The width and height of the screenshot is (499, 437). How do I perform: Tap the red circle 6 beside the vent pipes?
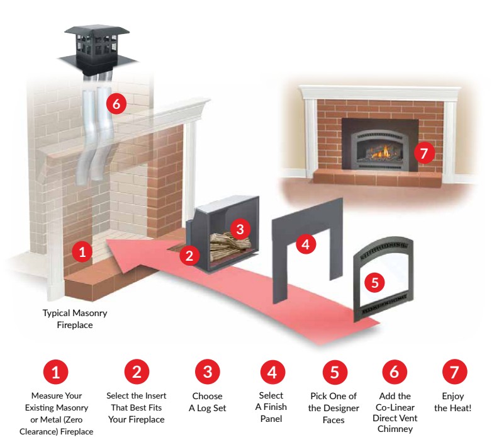coord(116,105)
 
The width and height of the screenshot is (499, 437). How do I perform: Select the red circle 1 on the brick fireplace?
coord(82,252)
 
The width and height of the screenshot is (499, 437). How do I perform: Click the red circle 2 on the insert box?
coord(189,255)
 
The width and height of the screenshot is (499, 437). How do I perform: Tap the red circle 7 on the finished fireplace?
coord(425,152)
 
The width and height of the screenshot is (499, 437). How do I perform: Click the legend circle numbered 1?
coord(55,372)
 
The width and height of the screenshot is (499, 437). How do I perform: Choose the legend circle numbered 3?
coord(207,372)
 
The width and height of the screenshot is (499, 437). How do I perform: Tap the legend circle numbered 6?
coord(395,372)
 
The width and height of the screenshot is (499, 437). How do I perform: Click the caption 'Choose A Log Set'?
coord(207,401)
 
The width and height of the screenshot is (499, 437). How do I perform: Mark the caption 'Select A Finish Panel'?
coord(271,407)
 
